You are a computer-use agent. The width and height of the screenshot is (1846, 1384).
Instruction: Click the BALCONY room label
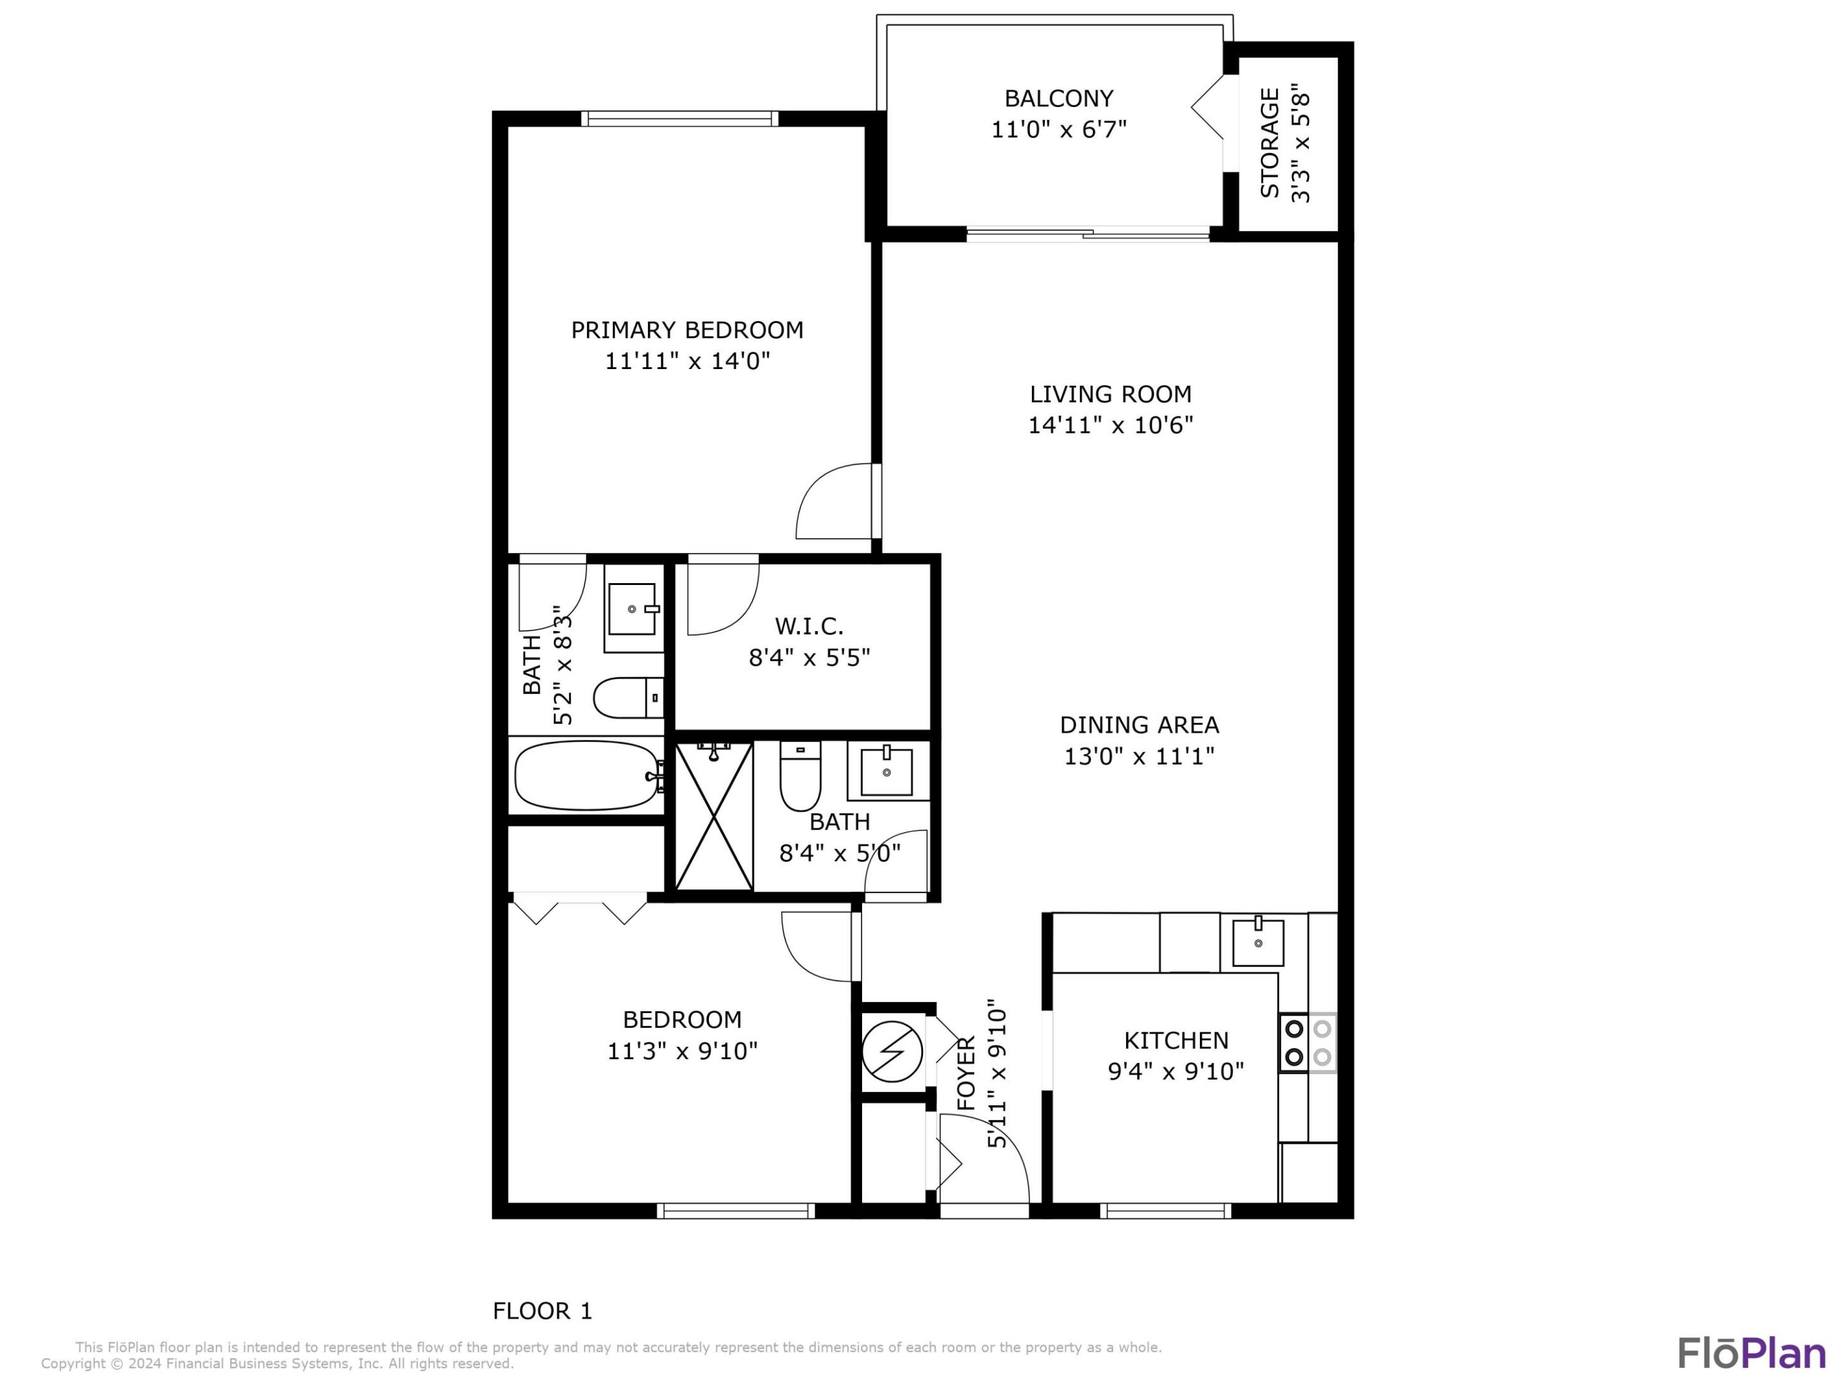pos(1058,99)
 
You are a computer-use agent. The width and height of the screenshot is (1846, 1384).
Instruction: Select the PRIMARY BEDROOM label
pos(687,331)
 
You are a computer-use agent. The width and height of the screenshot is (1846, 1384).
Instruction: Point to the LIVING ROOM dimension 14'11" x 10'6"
pos(1110,425)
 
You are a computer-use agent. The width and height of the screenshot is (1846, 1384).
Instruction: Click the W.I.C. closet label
pos(809,625)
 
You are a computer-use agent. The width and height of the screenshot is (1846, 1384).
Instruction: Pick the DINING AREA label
pos(1139,725)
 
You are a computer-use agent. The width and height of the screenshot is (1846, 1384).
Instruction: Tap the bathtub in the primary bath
pos(586,776)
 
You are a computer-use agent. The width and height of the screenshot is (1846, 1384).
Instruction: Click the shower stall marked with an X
pos(713,816)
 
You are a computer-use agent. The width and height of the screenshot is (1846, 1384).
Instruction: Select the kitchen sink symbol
pos(1258,943)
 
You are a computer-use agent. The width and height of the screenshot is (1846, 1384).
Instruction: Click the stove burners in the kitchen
pos(1308,1042)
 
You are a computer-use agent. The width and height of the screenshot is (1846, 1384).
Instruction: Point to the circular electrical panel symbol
pos(892,1050)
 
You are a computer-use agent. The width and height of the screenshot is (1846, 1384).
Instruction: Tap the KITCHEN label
pos(1176,1041)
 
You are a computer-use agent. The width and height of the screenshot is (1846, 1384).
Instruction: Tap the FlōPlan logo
pos(1752,1353)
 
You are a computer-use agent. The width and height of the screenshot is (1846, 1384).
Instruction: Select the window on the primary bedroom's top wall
pos(679,119)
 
